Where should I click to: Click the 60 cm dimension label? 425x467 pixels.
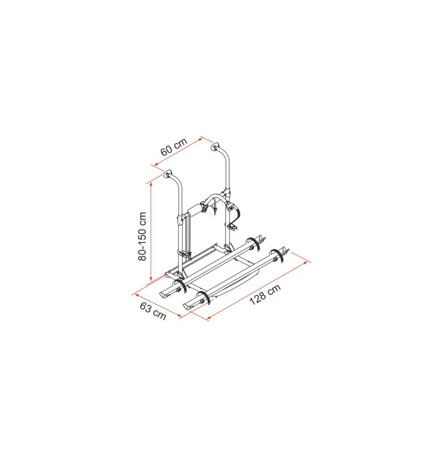pos(173,147)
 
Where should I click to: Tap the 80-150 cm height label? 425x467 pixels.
pos(142,236)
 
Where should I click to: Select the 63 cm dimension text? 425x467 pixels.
pos(153,311)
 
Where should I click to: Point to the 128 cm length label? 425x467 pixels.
pos(265,295)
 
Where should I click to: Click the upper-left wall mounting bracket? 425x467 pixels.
pos(168,173)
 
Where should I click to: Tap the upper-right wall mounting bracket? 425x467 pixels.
pos(215,147)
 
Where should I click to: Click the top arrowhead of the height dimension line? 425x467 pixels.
pos(151,184)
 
